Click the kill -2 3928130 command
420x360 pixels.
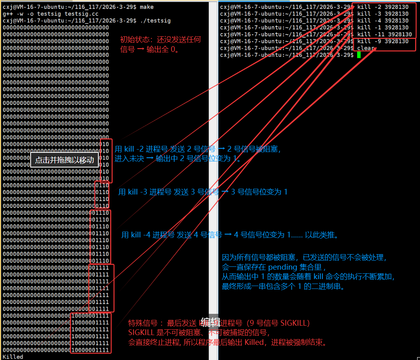click(x=383, y=7)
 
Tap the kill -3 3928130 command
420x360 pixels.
click(x=383, y=14)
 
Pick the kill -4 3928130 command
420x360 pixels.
click(x=383, y=20)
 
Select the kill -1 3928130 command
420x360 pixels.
click(x=383, y=27)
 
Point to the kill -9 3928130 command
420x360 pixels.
click(x=383, y=41)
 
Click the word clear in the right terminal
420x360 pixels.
click(x=366, y=48)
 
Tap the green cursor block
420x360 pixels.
click(x=359, y=55)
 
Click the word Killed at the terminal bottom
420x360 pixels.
click(x=13, y=357)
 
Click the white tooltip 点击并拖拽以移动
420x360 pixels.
click(x=64, y=160)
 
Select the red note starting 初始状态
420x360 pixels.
click(x=160, y=40)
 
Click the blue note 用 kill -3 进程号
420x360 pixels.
click(x=202, y=192)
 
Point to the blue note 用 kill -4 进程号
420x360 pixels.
click(x=230, y=235)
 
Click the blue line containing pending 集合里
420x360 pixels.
click(x=274, y=267)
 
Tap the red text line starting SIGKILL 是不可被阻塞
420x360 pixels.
click(x=199, y=333)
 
